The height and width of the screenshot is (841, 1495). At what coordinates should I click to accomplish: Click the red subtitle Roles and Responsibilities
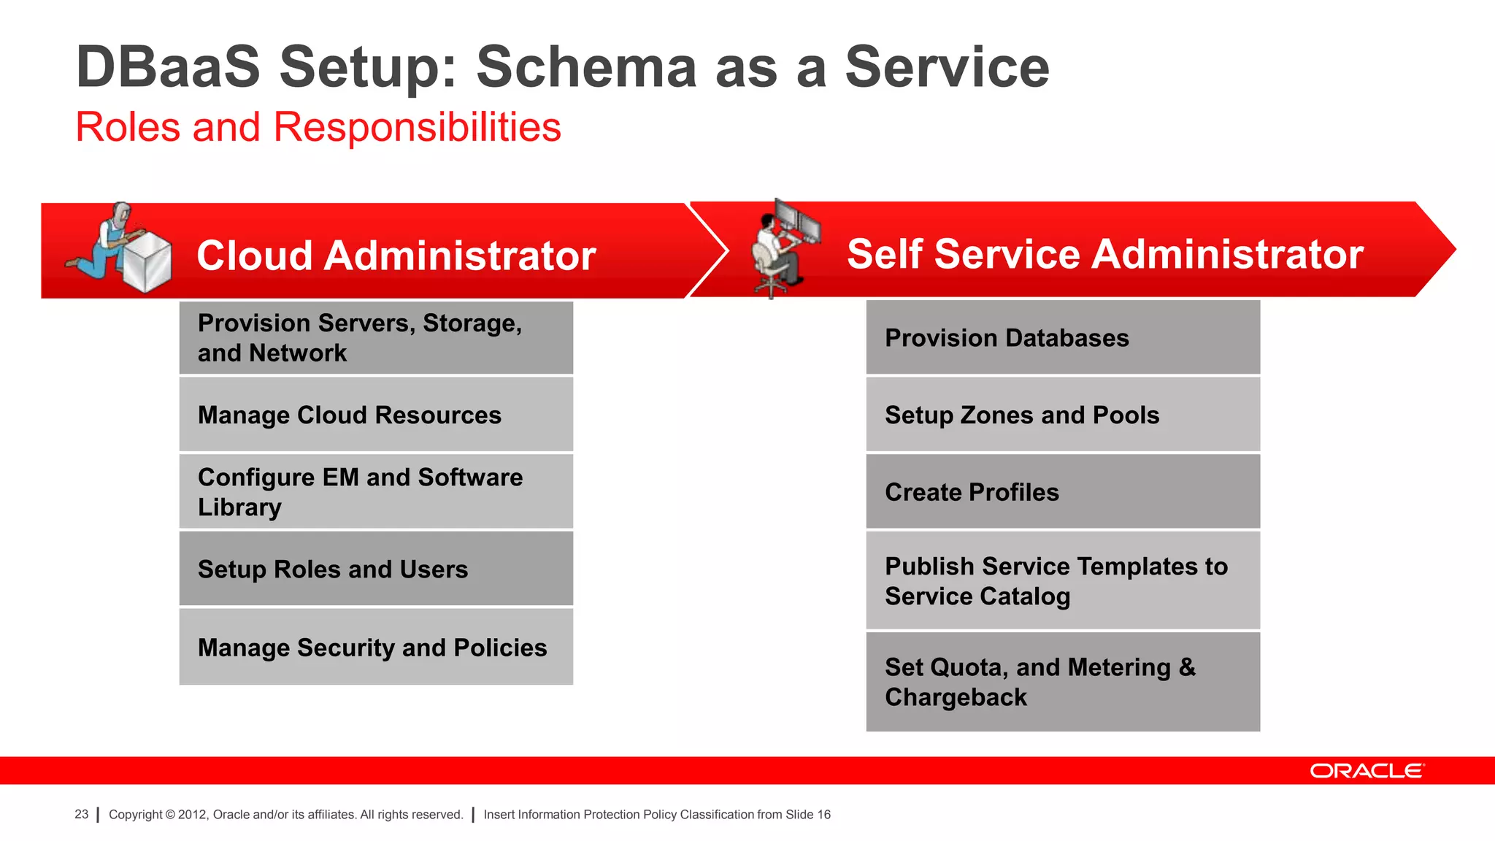click(x=318, y=127)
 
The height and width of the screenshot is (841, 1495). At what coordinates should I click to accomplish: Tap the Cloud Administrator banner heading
click(x=396, y=256)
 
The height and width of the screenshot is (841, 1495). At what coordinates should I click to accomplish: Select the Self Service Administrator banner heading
click(x=1104, y=254)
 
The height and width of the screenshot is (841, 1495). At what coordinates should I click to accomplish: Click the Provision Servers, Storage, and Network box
click(x=376, y=338)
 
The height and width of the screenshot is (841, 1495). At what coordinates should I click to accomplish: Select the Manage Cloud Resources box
click(x=376, y=415)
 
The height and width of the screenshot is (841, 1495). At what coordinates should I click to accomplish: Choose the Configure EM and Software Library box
click(x=376, y=491)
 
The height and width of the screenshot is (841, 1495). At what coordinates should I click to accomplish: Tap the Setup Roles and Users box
click(x=376, y=569)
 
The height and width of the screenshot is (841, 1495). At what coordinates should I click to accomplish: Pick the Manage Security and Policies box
click(x=376, y=647)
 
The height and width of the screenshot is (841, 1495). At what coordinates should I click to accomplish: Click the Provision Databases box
click(x=1063, y=338)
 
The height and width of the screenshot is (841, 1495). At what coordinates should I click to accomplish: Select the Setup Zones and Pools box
click(x=1063, y=415)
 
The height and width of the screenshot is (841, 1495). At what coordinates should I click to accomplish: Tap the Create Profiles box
click(x=1063, y=491)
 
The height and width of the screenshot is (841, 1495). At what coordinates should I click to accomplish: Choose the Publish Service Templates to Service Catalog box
click(x=1063, y=580)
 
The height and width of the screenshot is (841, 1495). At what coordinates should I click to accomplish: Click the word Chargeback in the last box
click(x=956, y=697)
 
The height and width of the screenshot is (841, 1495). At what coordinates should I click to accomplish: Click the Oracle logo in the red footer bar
click(x=1366, y=771)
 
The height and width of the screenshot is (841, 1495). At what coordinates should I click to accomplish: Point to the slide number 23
click(x=81, y=814)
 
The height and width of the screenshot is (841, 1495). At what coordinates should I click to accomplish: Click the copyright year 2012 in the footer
click(x=193, y=815)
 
